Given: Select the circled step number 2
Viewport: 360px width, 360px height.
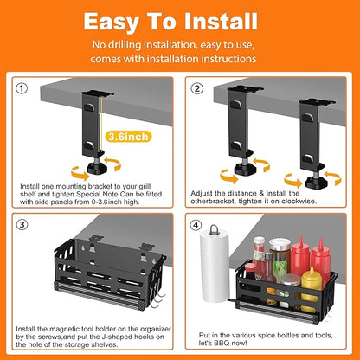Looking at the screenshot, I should [198, 88].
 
